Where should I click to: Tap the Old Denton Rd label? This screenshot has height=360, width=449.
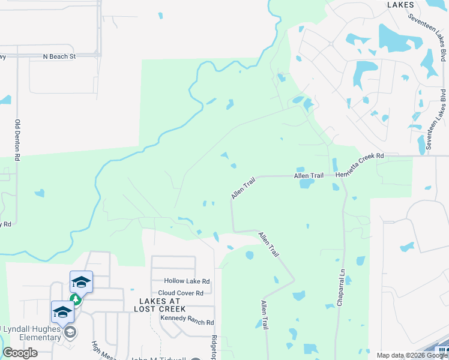pos(17,140)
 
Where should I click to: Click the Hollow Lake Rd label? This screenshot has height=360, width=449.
pos(187,281)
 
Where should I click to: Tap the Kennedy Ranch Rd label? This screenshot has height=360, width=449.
pos(186,323)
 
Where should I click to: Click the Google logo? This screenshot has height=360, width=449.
pos(20,353)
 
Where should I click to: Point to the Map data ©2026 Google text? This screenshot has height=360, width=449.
pos(411,355)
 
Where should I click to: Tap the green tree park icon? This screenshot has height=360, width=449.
pos(76,299)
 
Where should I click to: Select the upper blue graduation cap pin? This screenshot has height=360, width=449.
pos(81,281)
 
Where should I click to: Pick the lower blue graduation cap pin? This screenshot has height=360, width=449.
pos(62,311)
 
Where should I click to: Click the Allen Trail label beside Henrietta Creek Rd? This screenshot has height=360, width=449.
pos(309,175)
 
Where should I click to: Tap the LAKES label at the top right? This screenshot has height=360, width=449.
pos(400,4)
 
